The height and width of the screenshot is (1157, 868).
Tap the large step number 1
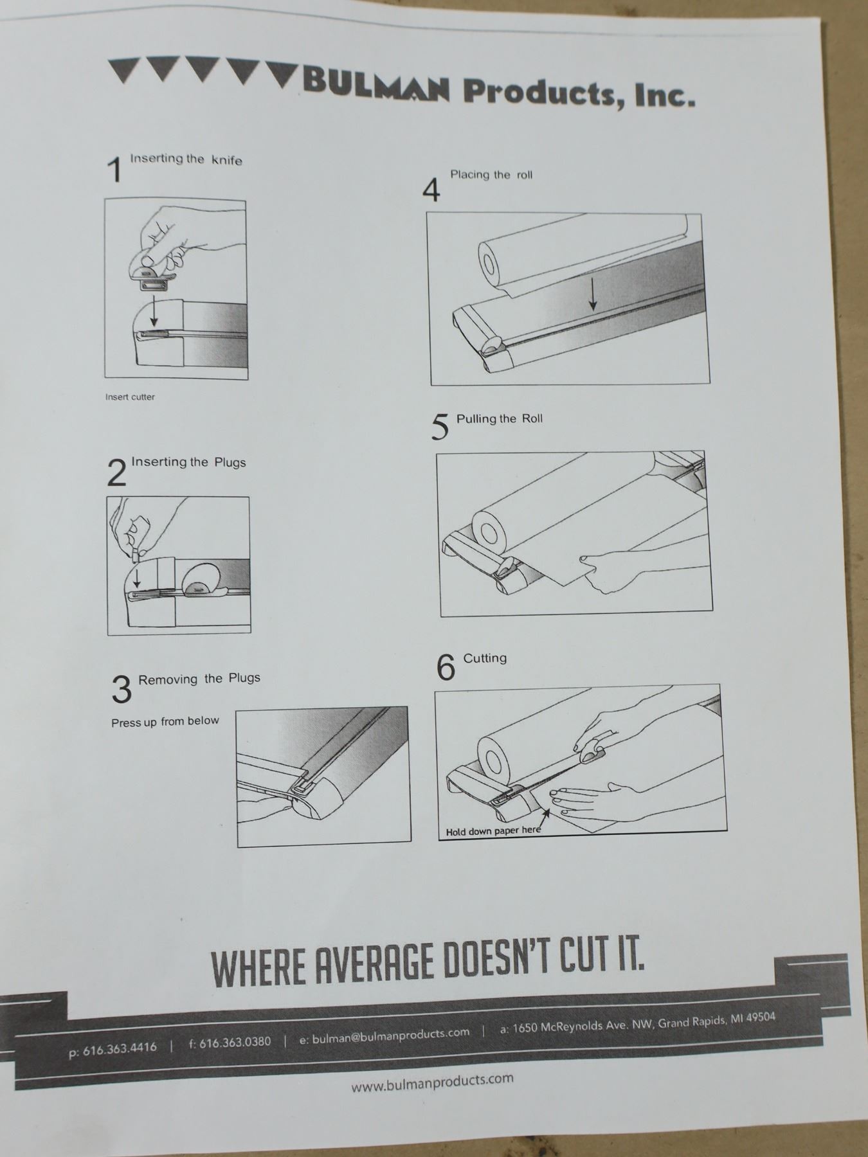point(114,169)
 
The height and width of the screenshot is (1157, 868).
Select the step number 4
point(431,190)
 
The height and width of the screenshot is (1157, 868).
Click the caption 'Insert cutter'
point(130,397)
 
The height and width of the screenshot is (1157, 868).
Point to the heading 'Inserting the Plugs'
point(188,462)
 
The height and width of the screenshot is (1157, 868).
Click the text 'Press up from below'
point(165,722)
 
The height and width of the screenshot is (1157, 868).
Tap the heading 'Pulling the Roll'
point(500,419)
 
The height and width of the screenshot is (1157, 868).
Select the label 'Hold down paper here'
point(493,830)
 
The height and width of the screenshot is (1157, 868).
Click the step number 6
point(446,667)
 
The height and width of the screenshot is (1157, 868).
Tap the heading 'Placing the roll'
point(491,174)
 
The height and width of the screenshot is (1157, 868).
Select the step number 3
point(122,690)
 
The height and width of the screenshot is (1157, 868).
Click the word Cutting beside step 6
point(485,658)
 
